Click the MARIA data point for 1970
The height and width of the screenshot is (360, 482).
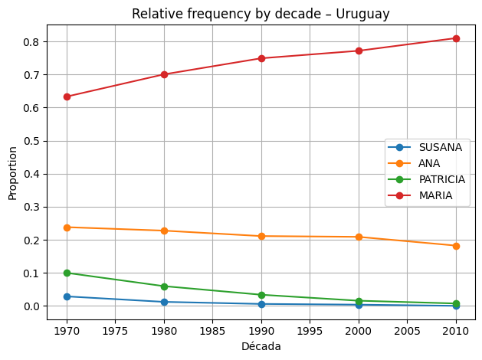tap(67, 97)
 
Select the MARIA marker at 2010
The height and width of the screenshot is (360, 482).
tap(456, 38)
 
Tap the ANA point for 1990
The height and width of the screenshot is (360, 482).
tap(261, 236)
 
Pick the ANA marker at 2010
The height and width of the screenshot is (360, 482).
tap(456, 246)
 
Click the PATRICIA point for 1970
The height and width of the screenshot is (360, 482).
tap(67, 273)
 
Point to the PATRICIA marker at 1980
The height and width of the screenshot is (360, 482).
tap(164, 286)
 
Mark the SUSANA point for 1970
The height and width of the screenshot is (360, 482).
tap(67, 296)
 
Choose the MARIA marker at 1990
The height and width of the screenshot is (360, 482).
tap(261, 58)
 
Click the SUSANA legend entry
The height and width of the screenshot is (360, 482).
tap(440, 147)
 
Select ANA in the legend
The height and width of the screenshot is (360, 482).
tap(428, 163)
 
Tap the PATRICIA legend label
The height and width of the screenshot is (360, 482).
tap(441, 179)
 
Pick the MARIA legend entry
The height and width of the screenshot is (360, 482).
tap(434, 195)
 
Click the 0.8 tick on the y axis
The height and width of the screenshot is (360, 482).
tap(33, 41)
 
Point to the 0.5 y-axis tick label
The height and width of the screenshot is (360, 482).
tap(33, 141)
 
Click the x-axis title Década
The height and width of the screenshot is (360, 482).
tap(261, 346)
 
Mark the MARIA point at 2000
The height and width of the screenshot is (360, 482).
tap(359, 51)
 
